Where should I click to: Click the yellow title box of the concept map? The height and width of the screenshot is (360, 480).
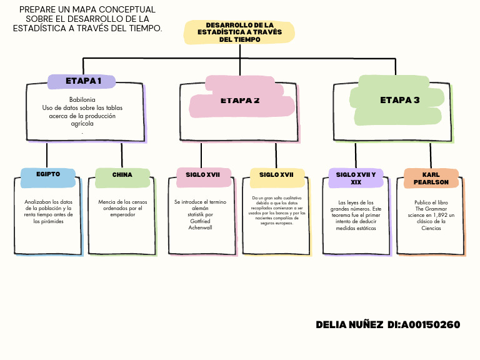(239, 32)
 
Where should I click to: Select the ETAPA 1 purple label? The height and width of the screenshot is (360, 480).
(82, 81)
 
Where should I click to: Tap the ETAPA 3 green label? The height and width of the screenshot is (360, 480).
(399, 100)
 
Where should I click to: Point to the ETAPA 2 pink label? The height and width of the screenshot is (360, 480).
(241, 100)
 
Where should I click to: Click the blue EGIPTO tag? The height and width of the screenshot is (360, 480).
(48, 174)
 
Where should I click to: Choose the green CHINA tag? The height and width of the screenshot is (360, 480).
(122, 175)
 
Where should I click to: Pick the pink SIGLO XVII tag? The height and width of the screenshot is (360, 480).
(203, 175)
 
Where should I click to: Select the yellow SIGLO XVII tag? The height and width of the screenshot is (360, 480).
(276, 175)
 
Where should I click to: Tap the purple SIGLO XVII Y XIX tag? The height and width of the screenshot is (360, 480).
(356, 178)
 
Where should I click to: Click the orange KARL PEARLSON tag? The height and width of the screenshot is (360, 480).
(431, 178)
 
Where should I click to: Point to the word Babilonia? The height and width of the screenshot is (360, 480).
(82, 100)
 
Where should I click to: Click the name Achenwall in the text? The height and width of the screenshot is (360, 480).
(201, 227)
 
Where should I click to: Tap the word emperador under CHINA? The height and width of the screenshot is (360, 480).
(122, 215)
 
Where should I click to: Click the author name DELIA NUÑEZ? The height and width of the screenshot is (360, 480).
(349, 325)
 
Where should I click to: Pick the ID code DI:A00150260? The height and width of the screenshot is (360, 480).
(424, 325)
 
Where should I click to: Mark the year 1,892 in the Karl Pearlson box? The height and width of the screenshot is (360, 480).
(441, 215)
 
